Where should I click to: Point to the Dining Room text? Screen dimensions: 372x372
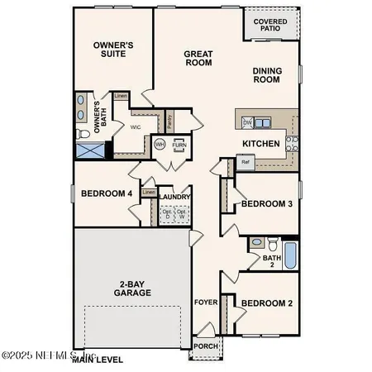click(273, 76)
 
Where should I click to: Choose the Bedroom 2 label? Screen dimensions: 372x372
click(267, 303)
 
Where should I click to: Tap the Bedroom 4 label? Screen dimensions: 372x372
click(107, 194)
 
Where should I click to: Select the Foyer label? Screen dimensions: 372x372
click(204, 303)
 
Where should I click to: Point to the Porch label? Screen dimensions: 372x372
click(203, 346)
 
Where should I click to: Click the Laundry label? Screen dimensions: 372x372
click(175, 197)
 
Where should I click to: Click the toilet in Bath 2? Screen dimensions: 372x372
click(257, 243)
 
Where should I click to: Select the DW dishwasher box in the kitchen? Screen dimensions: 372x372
click(246, 122)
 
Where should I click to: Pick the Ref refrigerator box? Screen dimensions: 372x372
click(245, 163)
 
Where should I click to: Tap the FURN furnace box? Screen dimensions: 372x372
click(179, 144)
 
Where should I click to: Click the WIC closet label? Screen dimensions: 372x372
click(136, 126)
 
